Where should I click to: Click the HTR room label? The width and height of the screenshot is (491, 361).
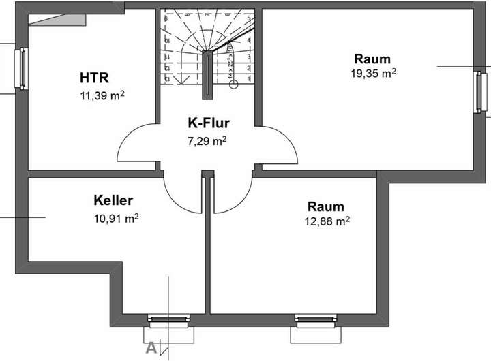[95, 76]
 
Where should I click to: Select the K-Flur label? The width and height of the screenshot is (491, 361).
[209, 123]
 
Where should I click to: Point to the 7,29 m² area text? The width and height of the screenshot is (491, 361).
[207, 142]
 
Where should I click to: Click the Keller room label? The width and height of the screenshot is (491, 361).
[113, 200]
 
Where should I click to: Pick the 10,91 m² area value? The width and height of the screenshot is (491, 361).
[117, 219]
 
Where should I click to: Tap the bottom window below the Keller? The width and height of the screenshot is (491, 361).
[168, 318]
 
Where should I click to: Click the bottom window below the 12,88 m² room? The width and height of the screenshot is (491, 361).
[315, 318]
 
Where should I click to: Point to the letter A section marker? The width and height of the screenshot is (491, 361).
[151, 347]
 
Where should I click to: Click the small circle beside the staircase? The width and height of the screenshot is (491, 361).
[233, 84]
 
